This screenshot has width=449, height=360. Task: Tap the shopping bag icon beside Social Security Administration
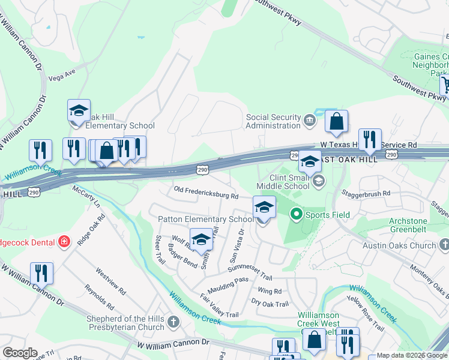tap(337, 121)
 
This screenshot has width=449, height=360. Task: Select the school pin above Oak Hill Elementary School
tap(79, 111)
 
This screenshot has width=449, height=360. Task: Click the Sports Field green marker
tap(296, 214)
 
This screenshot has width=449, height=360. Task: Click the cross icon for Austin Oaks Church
tap(444, 245)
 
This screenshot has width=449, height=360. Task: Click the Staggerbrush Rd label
tap(366, 193)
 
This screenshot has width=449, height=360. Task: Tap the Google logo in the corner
tap(20, 353)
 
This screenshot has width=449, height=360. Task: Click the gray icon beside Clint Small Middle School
tap(318, 181)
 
